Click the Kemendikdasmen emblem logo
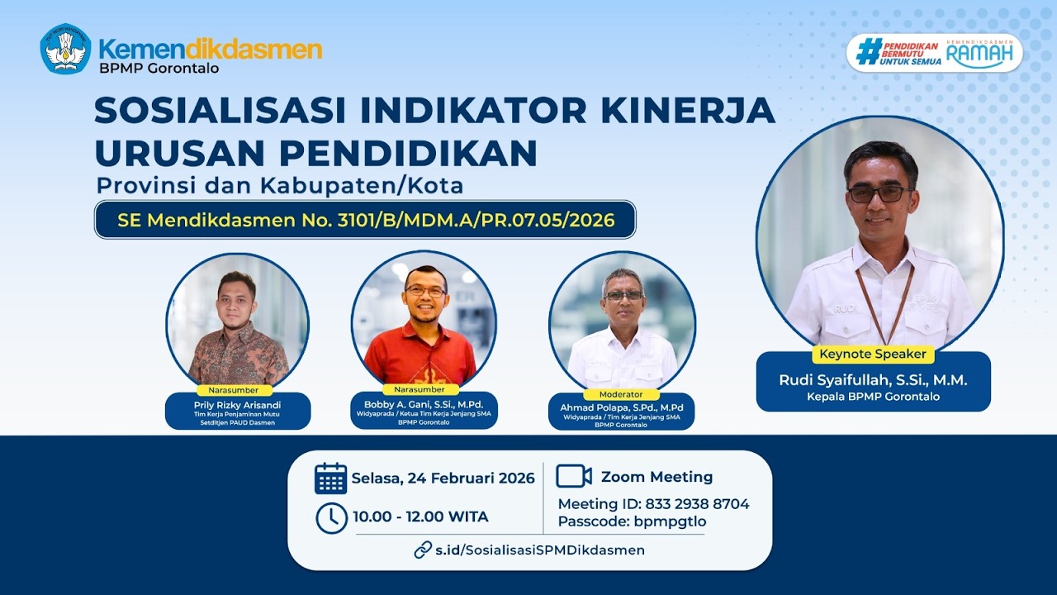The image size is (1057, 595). point(65,49)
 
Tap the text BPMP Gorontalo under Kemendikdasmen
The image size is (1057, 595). point(159,69)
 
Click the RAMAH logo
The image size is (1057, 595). point(979,54)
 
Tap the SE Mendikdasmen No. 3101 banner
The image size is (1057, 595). point(366,220)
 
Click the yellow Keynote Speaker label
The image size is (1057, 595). point(873,355)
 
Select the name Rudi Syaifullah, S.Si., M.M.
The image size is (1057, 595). point(873,380)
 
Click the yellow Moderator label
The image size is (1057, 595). point(622,394)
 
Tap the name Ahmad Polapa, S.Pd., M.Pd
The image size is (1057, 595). point(622,408)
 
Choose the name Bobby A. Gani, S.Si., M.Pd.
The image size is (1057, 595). point(424,404)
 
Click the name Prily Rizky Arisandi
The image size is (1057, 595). point(238,405)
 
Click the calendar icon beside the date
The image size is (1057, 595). point(330,478)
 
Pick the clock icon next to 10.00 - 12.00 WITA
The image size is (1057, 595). point(331,518)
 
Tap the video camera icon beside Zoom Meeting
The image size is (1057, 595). point(573,477)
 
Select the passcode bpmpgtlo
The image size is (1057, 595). point(670,521)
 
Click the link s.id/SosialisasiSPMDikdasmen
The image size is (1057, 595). point(540,550)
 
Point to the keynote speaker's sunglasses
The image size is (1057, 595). point(879,193)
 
